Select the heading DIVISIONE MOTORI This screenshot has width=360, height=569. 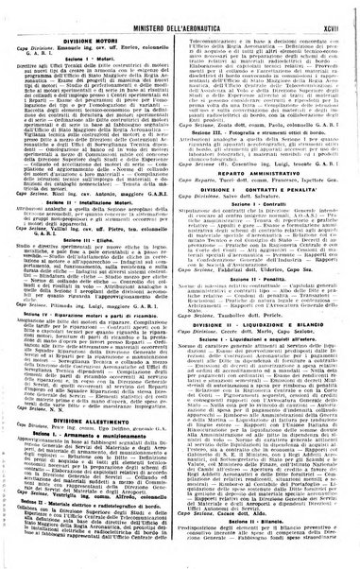coord(97,28)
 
